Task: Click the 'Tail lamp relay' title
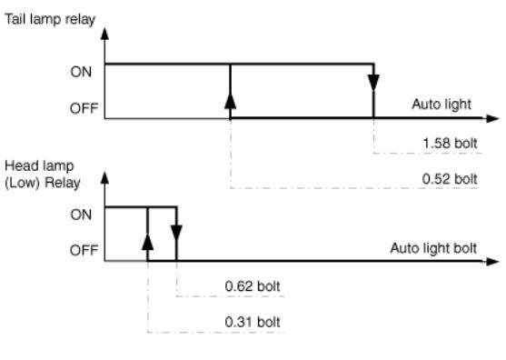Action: [50, 19]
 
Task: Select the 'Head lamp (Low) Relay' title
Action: [43, 175]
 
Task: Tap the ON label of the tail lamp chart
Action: [81, 72]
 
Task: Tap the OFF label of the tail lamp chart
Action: [84, 108]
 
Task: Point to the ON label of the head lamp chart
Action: [81, 215]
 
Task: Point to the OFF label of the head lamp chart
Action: [84, 250]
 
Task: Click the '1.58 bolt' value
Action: [450, 144]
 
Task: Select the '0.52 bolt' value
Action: [450, 179]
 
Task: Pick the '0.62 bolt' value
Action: [253, 286]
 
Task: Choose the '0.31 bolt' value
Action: [253, 322]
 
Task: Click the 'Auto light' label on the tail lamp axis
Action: [442, 105]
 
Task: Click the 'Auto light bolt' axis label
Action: [433, 248]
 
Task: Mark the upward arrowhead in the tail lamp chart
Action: [230, 100]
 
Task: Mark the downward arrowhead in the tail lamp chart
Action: [373, 83]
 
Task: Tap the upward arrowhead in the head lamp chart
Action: [147, 242]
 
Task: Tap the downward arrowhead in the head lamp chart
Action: [176, 233]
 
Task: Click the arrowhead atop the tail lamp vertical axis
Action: [104, 34]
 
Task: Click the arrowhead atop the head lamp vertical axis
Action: [104, 178]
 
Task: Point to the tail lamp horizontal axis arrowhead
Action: [492, 118]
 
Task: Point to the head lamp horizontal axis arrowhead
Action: [492, 261]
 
